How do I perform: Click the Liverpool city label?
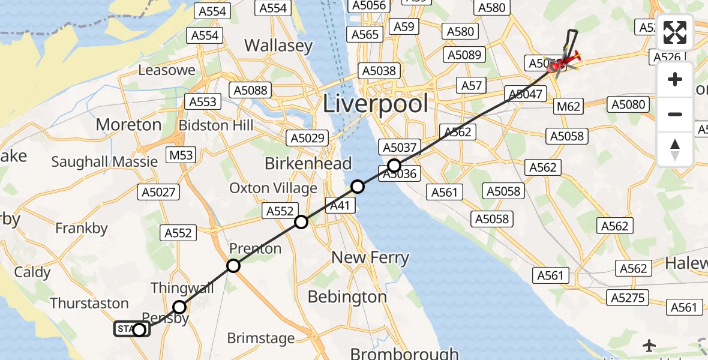coord(376,104)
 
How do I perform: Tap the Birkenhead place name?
coord(308,163)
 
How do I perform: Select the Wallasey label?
coord(278,46)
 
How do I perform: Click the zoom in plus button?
coord(675,79)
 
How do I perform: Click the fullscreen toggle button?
coord(675,32)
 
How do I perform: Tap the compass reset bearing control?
coord(675,149)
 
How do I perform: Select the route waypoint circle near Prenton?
coord(233,265)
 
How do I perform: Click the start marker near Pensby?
coord(139,329)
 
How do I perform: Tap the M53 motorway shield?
coord(181,155)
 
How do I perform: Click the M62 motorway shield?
coord(569,107)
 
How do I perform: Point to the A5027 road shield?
coord(158,192)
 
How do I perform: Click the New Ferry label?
coord(370,258)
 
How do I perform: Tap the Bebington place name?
coord(347,296)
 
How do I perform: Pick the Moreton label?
coord(129,125)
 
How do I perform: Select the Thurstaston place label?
coord(89,303)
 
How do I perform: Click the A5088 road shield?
coord(251,90)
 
